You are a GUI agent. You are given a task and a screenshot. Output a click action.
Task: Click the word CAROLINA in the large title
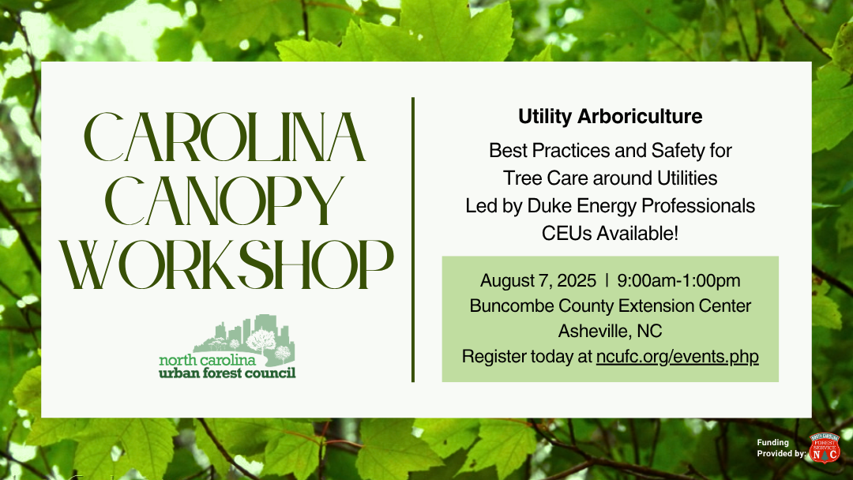[x=224, y=137]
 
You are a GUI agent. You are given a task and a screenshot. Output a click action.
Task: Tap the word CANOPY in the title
[x=224, y=201]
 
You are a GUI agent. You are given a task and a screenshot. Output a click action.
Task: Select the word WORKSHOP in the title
[x=227, y=264]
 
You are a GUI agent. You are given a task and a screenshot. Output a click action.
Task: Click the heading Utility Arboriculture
[x=610, y=116]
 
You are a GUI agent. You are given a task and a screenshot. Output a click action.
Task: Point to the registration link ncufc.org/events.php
[x=678, y=357]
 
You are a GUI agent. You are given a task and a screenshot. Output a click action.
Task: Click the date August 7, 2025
[x=538, y=281]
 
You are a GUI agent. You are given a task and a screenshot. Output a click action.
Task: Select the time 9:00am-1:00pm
[x=678, y=280]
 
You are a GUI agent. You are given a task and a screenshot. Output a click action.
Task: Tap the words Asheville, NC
[x=610, y=331]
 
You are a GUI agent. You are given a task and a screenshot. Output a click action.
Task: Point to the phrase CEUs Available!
[x=610, y=234]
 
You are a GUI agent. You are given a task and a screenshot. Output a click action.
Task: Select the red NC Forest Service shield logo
[x=825, y=448]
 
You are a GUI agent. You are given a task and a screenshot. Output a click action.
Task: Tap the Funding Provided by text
[x=780, y=448]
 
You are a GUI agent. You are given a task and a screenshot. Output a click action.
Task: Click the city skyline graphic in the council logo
[x=244, y=336]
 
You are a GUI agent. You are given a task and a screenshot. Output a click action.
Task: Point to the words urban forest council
[x=227, y=373]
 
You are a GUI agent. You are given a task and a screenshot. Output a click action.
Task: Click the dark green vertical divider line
[x=413, y=240]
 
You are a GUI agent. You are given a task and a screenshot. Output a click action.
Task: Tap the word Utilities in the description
[x=687, y=178]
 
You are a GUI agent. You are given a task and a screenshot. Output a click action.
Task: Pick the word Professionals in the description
[x=698, y=206]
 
